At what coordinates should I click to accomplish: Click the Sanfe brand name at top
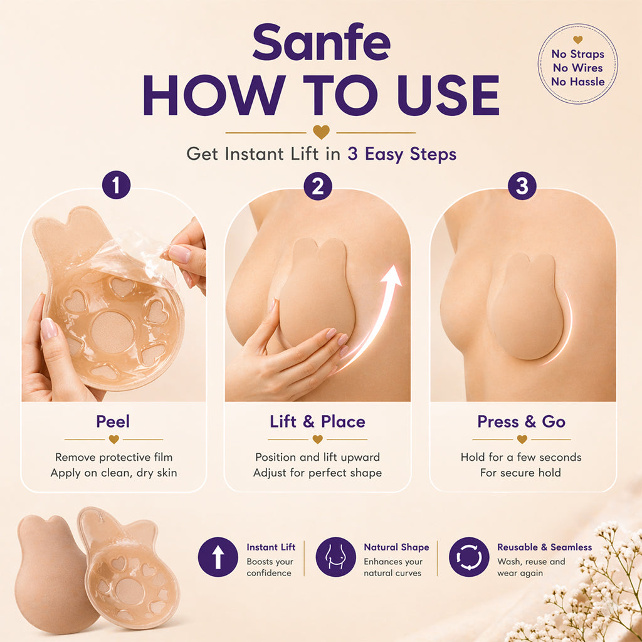pyautogui.click(x=321, y=42)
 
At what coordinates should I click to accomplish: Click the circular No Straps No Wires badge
pyautogui.click(x=577, y=63)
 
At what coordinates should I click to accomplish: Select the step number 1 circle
pyautogui.click(x=116, y=186)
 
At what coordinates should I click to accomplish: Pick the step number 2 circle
pyautogui.click(x=318, y=186)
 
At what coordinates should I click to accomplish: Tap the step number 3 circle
pyautogui.click(x=522, y=186)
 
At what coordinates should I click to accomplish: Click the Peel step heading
pyautogui.click(x=113, y=421)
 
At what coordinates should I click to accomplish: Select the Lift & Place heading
pyautogui.click(x=317, y=421)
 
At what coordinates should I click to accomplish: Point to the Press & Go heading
pyautogui.click(x=521, y=421)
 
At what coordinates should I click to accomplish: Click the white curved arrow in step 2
pyautogui.click(x=377, y=313)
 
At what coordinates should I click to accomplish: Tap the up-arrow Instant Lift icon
pyautogui.click(x=218, y=557)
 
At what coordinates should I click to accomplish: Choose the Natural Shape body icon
pyautogui.click(x=335, y=557)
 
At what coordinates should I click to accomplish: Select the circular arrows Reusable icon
pyautogui.click(x=469, y=557)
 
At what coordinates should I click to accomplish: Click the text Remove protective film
pyautogui.click(x=113, y=457)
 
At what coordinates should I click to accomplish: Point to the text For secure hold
pyautogui.click(x=520, y=473)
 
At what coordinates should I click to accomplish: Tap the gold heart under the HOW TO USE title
pyautogui.click(x=321, y=132)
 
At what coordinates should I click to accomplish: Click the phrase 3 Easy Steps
pyautogui.click(x=402, y=154)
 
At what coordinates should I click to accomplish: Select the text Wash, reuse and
pyautogui.click(x=530, y=562)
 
